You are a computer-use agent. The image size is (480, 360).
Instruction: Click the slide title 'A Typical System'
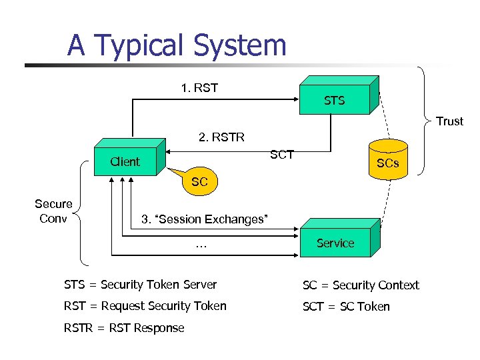tap(177, 45)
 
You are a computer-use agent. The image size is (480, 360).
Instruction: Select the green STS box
tap(335, 100)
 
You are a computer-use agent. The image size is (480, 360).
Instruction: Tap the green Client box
tap(125, 161)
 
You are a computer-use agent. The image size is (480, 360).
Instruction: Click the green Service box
tap(335, 243)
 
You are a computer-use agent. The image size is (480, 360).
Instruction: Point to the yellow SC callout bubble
tap(199, 181)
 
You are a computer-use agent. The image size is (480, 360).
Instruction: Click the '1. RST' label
tap(199, 88)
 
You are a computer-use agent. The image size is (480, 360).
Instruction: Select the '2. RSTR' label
tap(221, 137)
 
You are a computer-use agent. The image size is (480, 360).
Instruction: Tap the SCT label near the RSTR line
tap(282, 155)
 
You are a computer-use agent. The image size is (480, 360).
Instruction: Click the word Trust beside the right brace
tap(449, 121)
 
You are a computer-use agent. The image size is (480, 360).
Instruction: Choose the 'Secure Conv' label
tap(53, 211)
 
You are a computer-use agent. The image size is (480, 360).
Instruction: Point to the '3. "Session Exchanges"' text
tap(204, 219)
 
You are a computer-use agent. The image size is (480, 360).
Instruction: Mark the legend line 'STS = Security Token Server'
tap(140, 285)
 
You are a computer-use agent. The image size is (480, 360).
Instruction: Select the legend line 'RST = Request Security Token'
tap(145, 306)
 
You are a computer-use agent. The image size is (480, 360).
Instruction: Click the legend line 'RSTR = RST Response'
tap(124, 327)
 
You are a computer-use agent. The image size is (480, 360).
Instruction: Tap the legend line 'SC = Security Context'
tap(361, 285)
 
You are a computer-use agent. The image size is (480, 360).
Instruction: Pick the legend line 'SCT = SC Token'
tap(346, 307)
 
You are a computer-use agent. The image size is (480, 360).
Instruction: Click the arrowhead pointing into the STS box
tap(293, 99)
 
